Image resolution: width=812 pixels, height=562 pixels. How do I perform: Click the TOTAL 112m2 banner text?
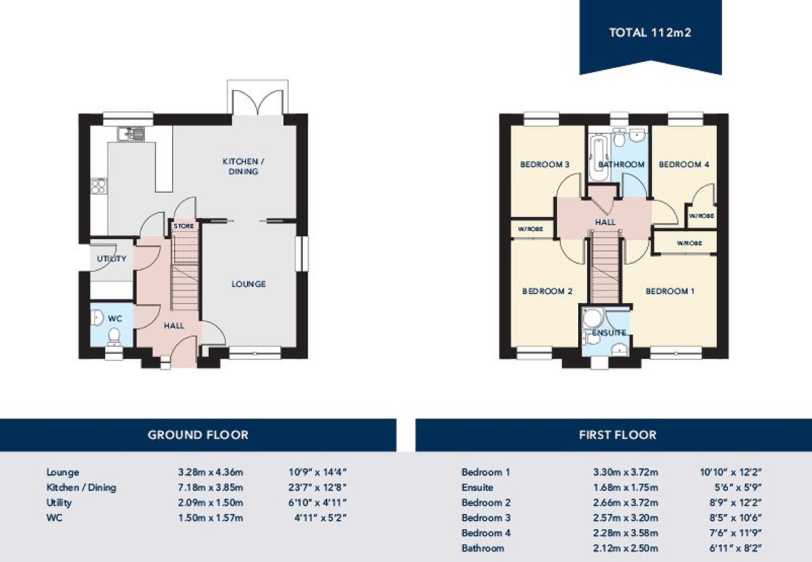pyautogui.click(x=650, y=33)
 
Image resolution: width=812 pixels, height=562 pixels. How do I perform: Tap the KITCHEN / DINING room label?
pyautogui.click(x=243, y=166)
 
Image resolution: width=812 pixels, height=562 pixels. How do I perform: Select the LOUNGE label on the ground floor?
pyautogui.click(x=249, y=284)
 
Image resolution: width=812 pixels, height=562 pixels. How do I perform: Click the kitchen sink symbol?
pyautogui.click(x=131, y=134)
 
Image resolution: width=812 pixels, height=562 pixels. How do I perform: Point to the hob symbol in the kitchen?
pyautogui.click(x=98, y=187)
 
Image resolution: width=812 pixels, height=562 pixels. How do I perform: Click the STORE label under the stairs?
pyautogui.click(x=184, y=226)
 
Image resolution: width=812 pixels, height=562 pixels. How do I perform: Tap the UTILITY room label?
pyautogui.click(x=111, y=259)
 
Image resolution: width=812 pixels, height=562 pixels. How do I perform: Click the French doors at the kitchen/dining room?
pyautogui.click(x=258, y=102)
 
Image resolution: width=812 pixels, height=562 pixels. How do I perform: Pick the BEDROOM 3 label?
pyautogui.click(x=544, y=164)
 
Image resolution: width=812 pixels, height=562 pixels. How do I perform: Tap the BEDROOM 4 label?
pyautogui.click(x=684, y=164)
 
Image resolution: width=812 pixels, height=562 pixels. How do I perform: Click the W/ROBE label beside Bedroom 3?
pyautogui.click(x=530, y=229)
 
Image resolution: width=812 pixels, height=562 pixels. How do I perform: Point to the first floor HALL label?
pyautogui.click(x=605, y=222)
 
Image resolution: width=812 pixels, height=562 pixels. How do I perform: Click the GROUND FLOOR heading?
pyautogui.click(x=198, y=435)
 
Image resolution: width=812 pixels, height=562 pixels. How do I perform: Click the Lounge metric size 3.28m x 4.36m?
pyautogui.click(x=210, y=472)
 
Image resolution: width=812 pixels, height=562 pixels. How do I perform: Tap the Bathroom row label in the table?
pyautogui.click(x=483, y=549)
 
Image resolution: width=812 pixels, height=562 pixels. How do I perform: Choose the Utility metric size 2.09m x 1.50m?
pyautogui.click(x=210, y=503)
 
